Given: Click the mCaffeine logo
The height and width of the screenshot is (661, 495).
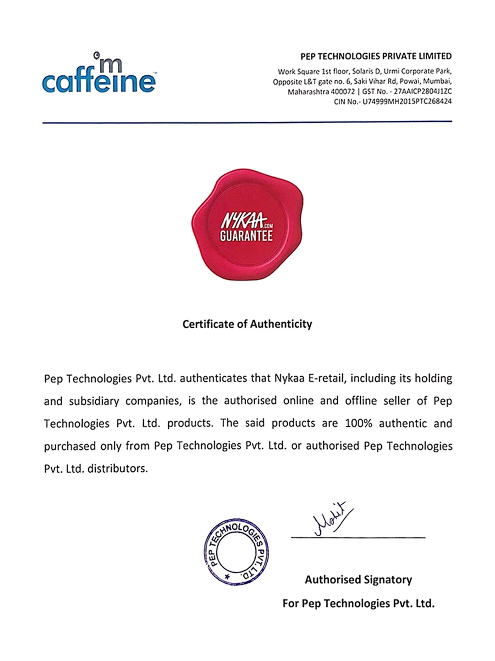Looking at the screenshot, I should [x=99, y=74].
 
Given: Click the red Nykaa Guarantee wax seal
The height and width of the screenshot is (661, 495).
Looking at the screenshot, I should [x=247, y=224].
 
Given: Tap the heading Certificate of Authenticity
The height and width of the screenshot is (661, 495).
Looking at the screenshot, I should [x=247, y=324].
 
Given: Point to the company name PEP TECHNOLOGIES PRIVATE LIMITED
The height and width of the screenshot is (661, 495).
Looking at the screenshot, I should [x=376, y=56].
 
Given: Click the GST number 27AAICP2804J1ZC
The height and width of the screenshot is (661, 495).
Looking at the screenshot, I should [x=423, y=92].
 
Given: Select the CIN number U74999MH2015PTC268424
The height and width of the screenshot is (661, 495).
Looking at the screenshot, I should [x=407, y=102].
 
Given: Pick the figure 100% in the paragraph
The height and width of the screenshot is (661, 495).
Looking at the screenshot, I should [x=358, y=423].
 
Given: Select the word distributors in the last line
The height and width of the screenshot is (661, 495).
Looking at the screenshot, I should [x=117, y=469].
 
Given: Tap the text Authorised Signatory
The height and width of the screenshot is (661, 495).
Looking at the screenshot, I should [x=358, y=579].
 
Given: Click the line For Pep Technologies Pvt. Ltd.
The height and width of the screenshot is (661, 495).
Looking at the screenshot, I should [x=358, y=603].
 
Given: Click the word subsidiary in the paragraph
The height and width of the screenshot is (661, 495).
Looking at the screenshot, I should [x=94, y=401].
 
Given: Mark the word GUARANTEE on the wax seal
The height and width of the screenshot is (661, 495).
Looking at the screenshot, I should [x=246, y=236].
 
